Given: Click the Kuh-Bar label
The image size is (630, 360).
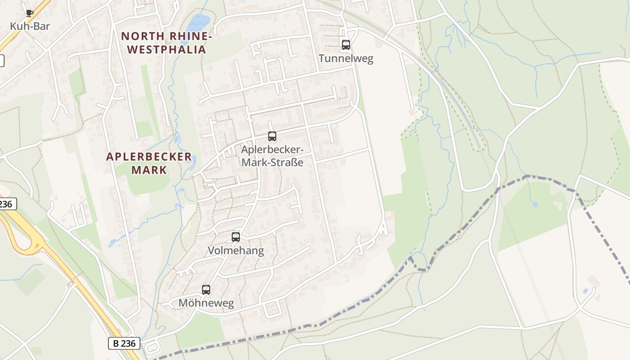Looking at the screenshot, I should click(x=30, y=26).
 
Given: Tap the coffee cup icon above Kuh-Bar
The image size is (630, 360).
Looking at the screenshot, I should click(x=30, y=13).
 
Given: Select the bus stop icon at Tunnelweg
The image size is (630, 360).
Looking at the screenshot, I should click(x=346, y=45).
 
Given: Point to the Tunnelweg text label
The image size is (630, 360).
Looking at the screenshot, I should click(x=346, y=58).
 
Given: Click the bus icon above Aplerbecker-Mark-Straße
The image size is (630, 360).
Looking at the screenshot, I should click(x=272, y=136).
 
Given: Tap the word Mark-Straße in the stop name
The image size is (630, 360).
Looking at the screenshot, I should click(x=272, y=162).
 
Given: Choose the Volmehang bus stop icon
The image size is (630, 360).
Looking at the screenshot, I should click(x=235, y=237).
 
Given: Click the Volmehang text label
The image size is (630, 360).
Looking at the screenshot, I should click(x=235, y=251).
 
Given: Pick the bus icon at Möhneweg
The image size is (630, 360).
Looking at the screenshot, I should click(x=206, y=289).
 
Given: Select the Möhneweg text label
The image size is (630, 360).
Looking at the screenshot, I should click(x=206, y=303).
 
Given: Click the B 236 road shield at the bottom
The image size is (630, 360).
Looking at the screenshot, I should click(x=124, y=343).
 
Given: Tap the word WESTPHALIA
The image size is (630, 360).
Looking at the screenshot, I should click(x=166, y=49).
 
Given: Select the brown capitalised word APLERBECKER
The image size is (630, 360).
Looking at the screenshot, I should click(x=149, y=157).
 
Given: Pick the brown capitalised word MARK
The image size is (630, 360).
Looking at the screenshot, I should click(x=149, y=170).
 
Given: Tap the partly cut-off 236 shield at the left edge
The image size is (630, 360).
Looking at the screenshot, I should click(x=6, y=204).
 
